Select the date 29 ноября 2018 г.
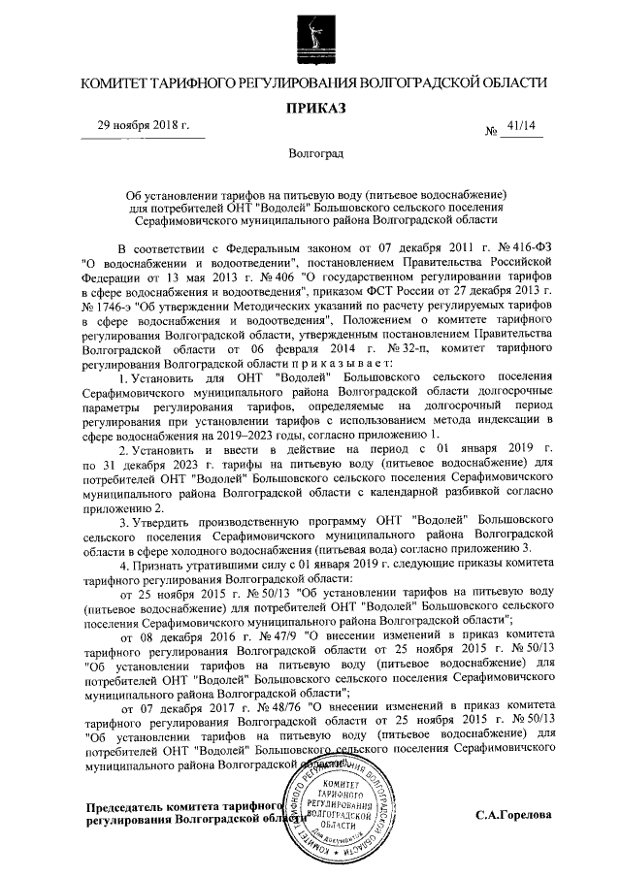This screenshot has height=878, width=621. [143, 126]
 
